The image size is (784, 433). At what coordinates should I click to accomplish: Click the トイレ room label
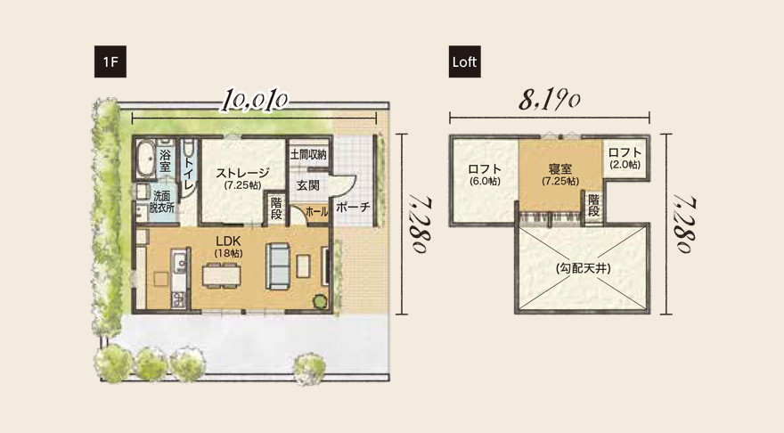tap(190, 168)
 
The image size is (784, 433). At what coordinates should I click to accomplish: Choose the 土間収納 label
tap(308, 154)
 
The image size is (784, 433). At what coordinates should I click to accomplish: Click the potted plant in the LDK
tap(318, 302)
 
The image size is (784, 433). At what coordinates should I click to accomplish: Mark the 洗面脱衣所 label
tap(162, 200)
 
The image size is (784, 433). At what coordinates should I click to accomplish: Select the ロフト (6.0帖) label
tap(485, 173)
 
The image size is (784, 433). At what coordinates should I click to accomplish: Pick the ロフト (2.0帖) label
tap(625, 157)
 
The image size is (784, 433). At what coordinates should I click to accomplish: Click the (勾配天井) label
tap(584, 268)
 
